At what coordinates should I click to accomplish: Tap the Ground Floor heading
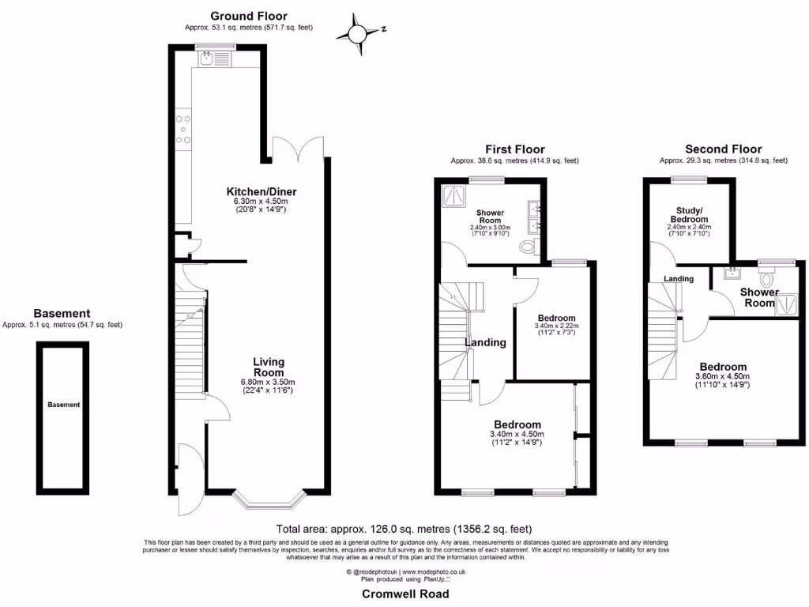tap(248, 16)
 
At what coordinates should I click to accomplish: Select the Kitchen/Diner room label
tap(261, 192)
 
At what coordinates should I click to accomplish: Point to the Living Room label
tap(268, 368)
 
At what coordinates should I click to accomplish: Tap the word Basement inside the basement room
tap(63, 405)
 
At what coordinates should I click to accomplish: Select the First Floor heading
tap(514, 149)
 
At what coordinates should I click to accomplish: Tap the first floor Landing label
tap(485, 342)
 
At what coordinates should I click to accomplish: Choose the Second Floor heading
tap(723, 149)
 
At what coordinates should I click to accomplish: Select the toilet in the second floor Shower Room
tap(765, 278)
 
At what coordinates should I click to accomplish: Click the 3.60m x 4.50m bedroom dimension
tap(722, 376)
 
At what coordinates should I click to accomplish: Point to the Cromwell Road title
tap(405, 594)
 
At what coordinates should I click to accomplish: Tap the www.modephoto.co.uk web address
tap(435, 571)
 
